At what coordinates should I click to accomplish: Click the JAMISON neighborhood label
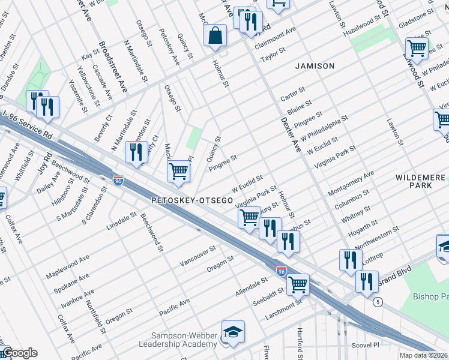[315, 66]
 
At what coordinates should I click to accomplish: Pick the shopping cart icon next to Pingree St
[178, 171]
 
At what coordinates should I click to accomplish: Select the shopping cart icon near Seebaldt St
[298, 284]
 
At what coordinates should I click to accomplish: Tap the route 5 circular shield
[377, 301]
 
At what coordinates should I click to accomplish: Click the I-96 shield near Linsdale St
[118, 180]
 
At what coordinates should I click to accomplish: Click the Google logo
[19, 353]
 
